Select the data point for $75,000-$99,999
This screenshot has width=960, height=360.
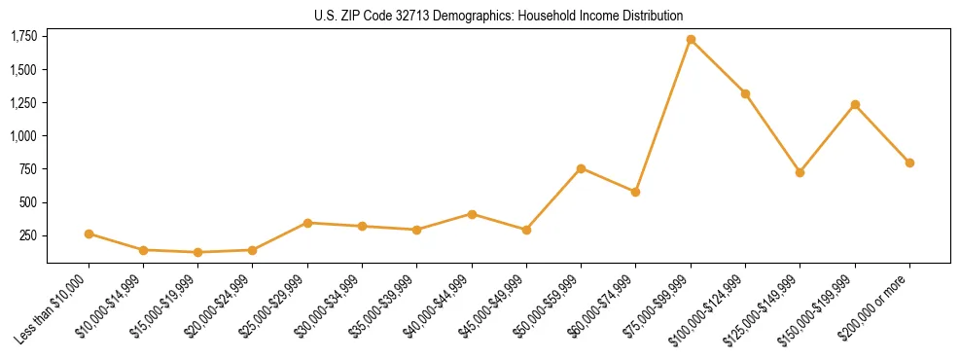[691, 40]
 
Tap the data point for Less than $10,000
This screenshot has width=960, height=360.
[89, 234]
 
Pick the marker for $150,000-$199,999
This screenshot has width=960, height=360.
[855, 104]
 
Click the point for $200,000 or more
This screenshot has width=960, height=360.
[909, 162]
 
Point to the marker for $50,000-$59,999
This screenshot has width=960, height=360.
[582, 168]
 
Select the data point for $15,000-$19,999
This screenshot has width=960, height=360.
[198, 252]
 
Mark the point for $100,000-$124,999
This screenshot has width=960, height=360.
[745, 93]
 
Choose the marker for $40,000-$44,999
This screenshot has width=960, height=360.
[472, 214]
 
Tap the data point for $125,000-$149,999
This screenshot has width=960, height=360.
[800, 172]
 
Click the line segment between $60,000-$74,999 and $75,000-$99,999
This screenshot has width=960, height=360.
[663, 116]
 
